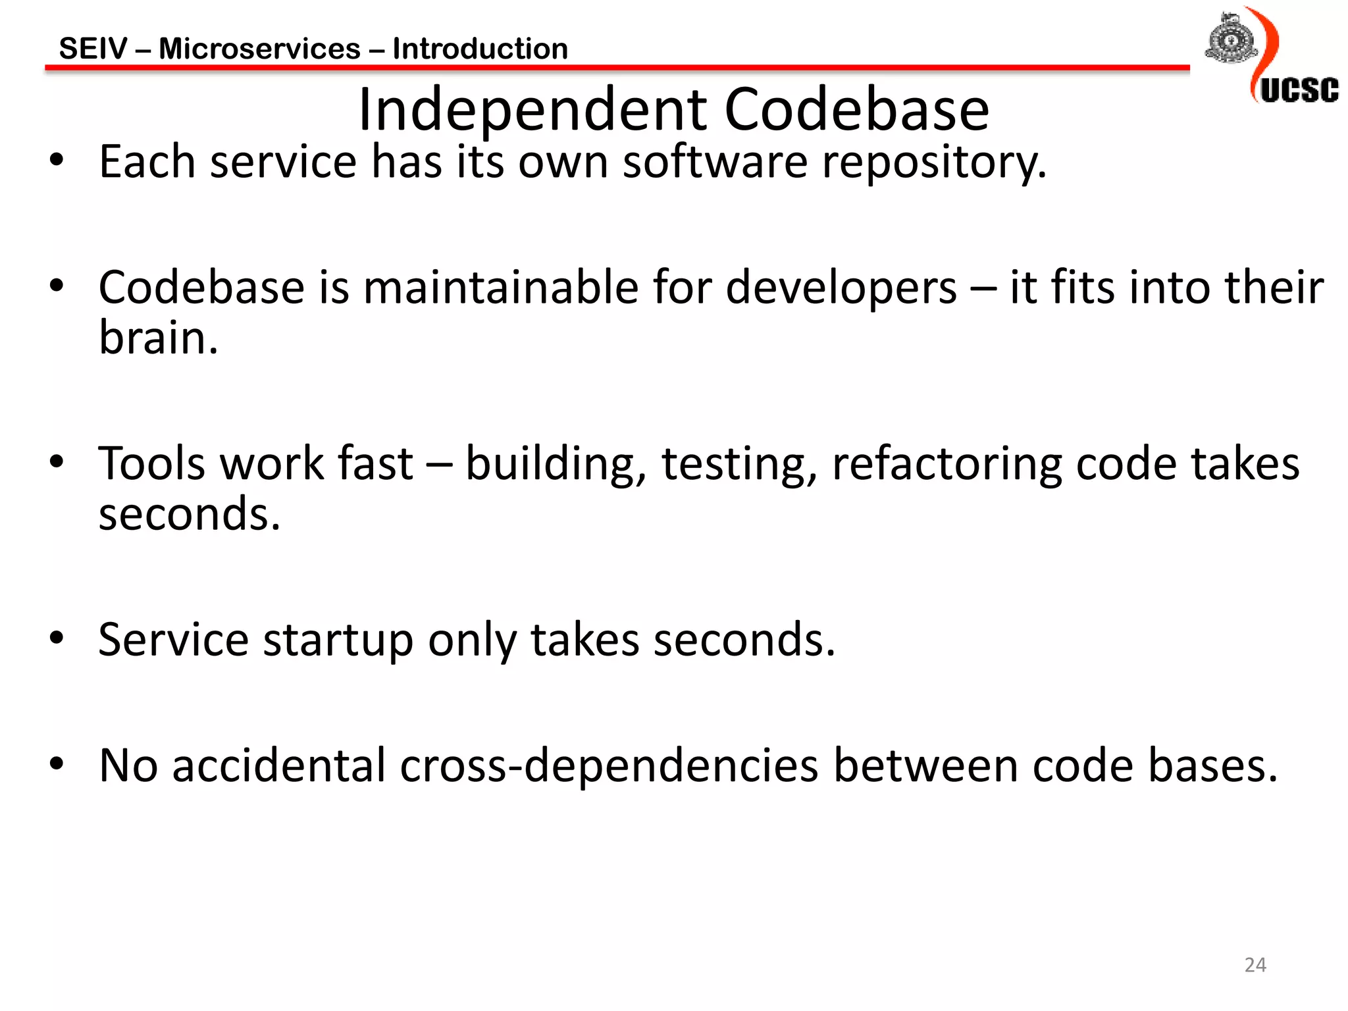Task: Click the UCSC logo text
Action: coord(1299,90)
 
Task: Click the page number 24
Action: coord(1255,965)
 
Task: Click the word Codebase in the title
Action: coord(856,109)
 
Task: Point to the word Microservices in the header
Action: coord(259,49)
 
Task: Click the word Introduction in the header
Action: coord(480,49)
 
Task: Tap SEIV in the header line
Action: coord(93,49)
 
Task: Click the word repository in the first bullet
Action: coord(934,163)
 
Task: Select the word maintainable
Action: coord(501,288)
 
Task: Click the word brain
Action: coord(158,338)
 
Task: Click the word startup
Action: coord(338,640)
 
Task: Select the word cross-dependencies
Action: coord(609,765)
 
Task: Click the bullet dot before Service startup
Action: coord(57,637)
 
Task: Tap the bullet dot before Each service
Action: coord(57,159)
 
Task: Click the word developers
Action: coord(841,289)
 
